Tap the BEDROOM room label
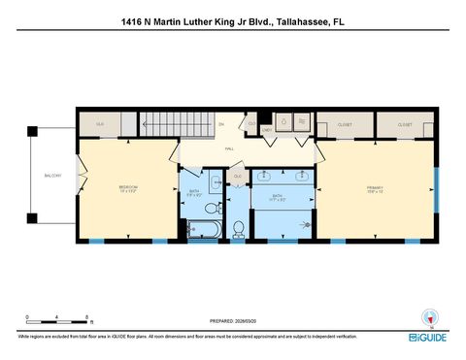(x=128, y=186)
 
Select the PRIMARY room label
(x=375, y=186)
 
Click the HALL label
(x=229, y=148)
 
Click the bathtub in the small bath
(x=205, y=229)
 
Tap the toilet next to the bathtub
(x=237, y=229)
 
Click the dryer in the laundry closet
(x=301, y=122)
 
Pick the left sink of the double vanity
(x=264, y=178)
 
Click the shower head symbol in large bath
(x=309, y=222)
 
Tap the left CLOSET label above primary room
(x=345, y=125)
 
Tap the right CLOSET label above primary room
(x=405, y=125)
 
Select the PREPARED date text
(x=233, y=320)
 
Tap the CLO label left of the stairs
(x=100, y=125)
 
